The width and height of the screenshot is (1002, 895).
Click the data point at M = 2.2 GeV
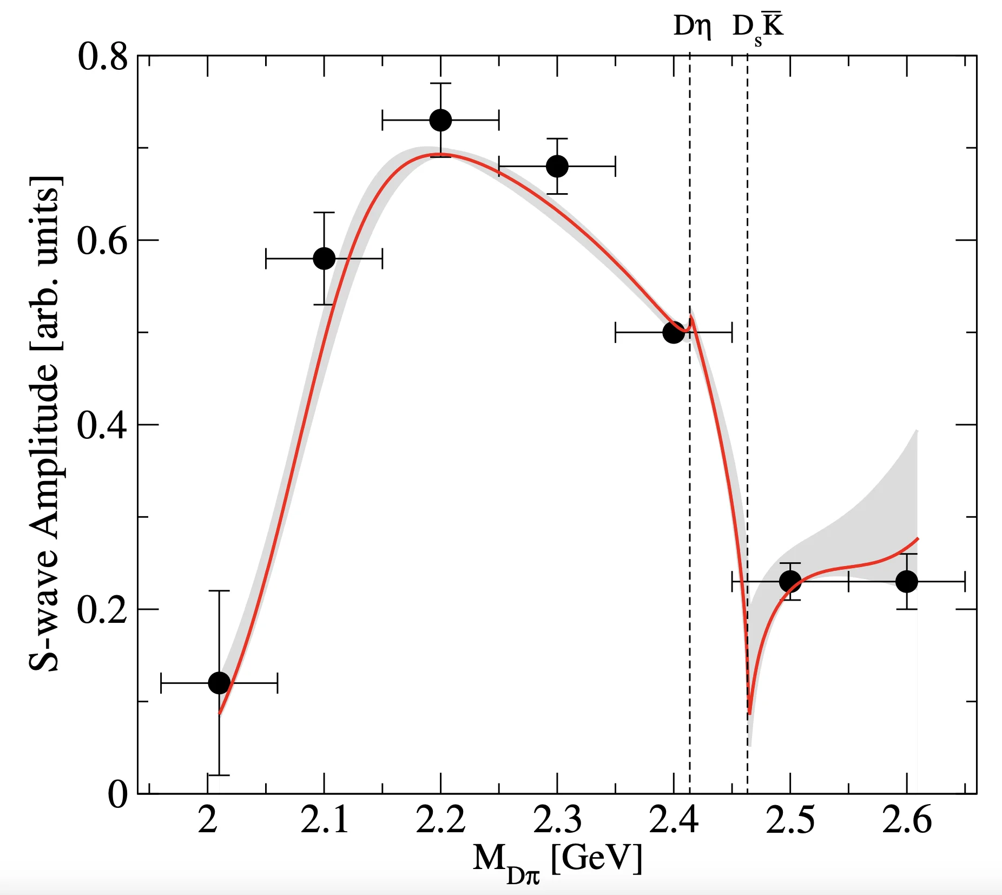point(440,120)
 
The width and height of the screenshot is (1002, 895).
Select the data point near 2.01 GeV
point(219,683)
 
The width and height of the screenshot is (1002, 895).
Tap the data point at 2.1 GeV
point(324,258)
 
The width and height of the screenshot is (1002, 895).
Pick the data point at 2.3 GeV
point(557,166)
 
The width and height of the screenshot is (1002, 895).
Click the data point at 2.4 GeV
point(674,332)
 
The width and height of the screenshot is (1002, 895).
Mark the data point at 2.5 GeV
point(790,581)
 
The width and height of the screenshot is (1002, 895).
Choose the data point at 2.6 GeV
point(907,581)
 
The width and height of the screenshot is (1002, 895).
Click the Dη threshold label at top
point(691,26)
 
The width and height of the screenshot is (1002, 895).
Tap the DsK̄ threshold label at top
point(757,27)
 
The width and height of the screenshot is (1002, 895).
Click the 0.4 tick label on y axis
point(103,426)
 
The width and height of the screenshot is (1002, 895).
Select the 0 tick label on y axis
point(117,795)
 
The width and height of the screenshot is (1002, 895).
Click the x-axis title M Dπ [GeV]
point(557,860)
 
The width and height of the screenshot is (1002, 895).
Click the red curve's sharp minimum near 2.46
point(749,713)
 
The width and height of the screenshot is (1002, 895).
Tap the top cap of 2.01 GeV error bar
point(219,591)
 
